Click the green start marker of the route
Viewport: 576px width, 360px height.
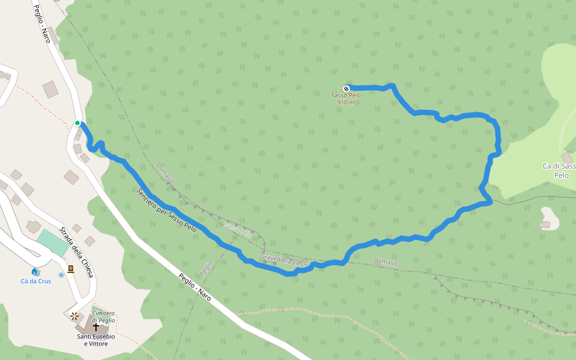77,123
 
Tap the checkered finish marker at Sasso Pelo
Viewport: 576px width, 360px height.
346,88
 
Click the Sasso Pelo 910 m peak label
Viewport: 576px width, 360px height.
346,98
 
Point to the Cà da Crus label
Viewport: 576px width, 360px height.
36,281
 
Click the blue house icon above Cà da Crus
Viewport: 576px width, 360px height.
35,272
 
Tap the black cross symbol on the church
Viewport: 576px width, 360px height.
96,327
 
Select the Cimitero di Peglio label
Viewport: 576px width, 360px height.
103,317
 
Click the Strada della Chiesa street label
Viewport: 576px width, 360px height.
77,252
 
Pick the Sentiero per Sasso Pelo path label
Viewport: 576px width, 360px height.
166,211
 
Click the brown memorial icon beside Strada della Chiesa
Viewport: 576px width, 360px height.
71,269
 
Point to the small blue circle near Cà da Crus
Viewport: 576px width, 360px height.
61,275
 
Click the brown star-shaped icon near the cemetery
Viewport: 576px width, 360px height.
74,316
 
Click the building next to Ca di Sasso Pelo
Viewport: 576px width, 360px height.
566,158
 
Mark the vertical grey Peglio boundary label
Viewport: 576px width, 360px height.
206,268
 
